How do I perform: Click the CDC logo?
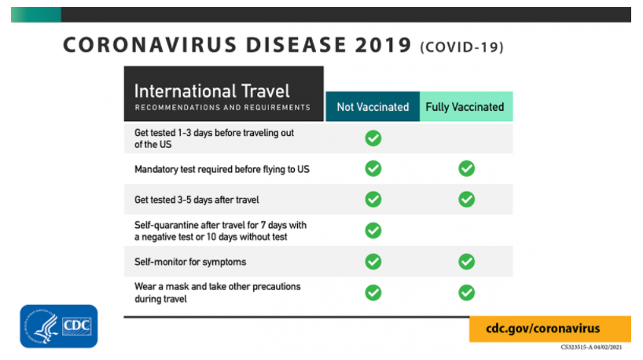tap(59, 326)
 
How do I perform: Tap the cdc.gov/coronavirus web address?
tap(542, 329)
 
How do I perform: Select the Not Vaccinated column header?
tap(373, 107)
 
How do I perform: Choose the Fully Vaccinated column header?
tap(466, 107)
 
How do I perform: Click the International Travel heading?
tap(212, 91)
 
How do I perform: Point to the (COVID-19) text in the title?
tap(461, 46)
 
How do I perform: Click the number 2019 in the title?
tap(383, 45)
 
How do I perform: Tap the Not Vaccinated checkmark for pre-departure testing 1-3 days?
tap(373, 138)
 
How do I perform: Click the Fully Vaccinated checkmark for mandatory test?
tap(467, 168)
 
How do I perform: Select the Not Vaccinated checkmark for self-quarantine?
tap(373, 230)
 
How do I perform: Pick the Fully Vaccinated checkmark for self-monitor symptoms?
tap(467, 262)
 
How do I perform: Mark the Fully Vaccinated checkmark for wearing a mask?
tap(467, 292)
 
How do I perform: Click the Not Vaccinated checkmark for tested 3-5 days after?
tap(373, 200)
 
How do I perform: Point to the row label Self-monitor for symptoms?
tap(190, 262)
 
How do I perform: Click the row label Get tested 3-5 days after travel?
tap(197, 200)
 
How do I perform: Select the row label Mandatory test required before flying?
tap(222, 169)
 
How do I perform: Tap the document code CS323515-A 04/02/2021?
tap(591, 347)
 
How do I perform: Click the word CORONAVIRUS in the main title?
tap(150, 45)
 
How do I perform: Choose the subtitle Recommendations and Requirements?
tap(222, 108)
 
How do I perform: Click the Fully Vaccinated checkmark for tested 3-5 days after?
tap(467, 200)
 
